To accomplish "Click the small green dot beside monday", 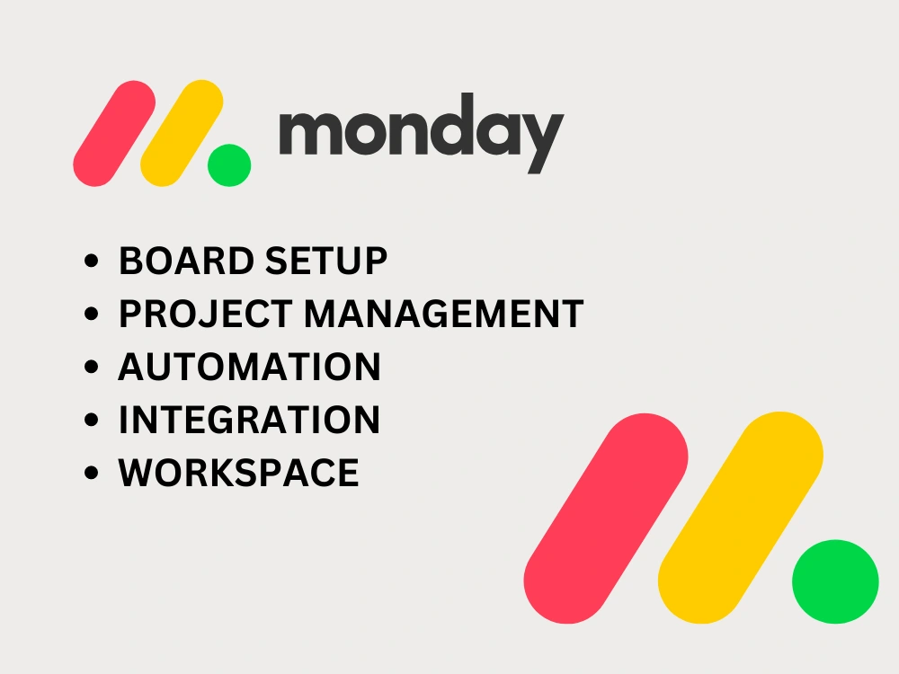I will [229, 165].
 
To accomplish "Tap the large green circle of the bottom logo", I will [835, 581].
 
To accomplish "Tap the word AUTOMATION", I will [249, 368].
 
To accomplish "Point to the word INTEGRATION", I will [249, 421].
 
